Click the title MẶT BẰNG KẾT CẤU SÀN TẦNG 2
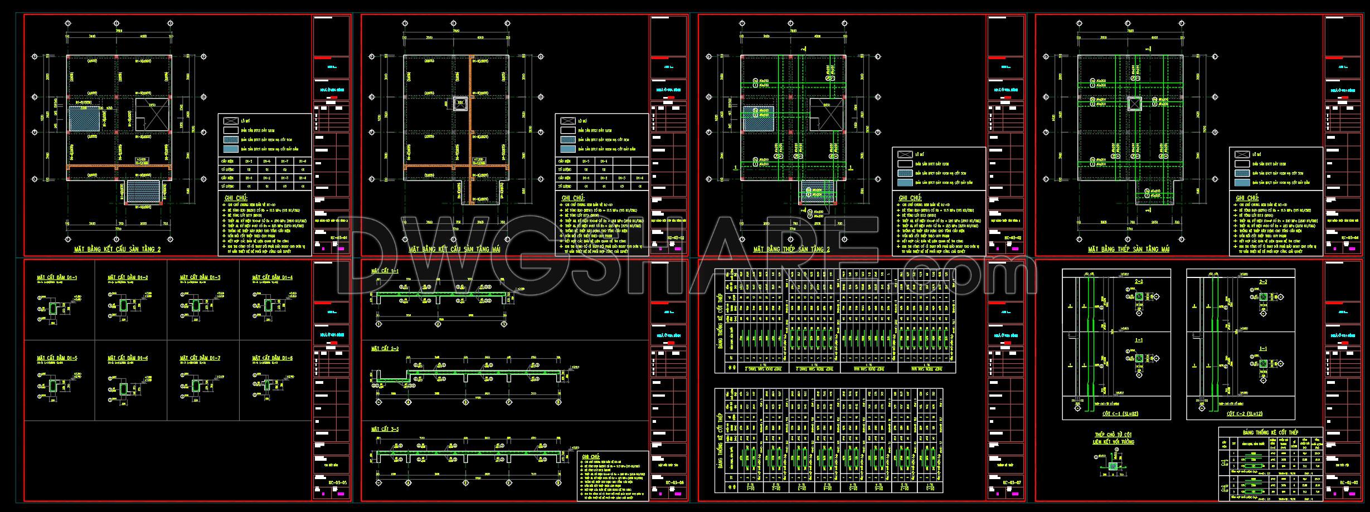[x=117, y=250]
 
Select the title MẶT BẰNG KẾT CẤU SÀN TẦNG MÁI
[x=455, y=250]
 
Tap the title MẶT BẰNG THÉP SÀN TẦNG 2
[x=791, y=250]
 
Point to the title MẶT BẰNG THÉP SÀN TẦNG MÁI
[x=1128, y=250]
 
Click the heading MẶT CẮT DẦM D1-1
[x=57, y=277]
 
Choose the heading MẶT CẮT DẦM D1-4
[x=273, y=277]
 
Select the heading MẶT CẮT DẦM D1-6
[x=128, y=358]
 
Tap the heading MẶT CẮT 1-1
[x=385, y=271]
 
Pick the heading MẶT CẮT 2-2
[x=385, y=349]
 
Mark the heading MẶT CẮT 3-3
[x=385, y=429]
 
